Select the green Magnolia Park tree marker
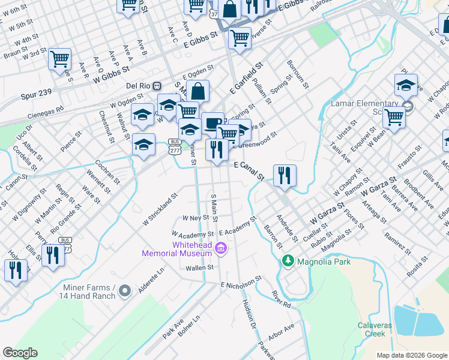point(288,261)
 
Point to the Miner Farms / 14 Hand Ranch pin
point(125,292)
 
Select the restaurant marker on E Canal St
point(284,176)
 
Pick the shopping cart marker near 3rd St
point(59,59)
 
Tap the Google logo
point(20,352)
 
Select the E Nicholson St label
point(241,283)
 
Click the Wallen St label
point(202,268)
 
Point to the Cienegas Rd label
point(45,112)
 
